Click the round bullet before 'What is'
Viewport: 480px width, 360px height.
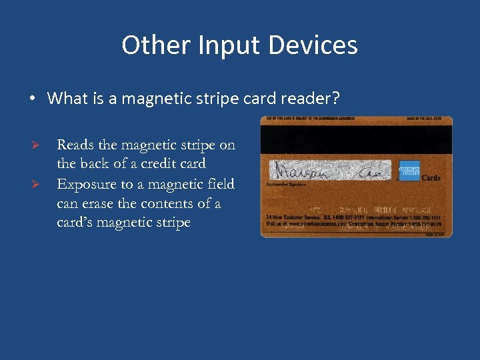(x=32, y=99)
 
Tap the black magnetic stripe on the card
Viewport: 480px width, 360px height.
(x=356, y=139)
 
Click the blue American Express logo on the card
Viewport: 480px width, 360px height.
(x=407, y=171)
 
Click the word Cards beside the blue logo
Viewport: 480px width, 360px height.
(x=431, y=178)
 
